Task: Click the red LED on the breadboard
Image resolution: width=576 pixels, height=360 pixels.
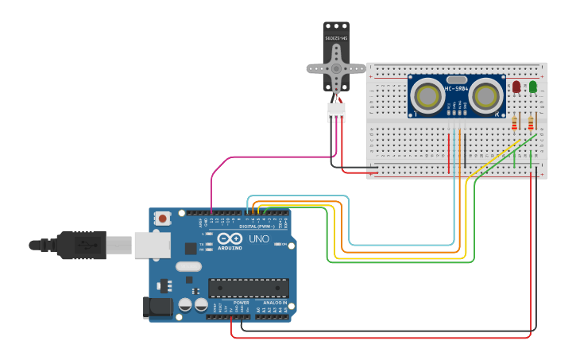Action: [516, 86]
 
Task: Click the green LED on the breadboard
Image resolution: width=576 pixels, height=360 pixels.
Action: [533, 86]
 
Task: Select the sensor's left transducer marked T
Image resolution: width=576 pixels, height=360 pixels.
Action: [427, 97]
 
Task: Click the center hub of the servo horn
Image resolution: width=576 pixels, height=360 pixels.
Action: [337, 68]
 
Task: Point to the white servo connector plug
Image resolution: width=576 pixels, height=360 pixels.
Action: [337, 113]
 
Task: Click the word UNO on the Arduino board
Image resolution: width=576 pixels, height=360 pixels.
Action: [259, 238]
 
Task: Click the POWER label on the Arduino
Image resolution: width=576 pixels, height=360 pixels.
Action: [242, 303]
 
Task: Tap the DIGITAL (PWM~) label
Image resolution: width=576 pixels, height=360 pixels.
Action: [258, 226]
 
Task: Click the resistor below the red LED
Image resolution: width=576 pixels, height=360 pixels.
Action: [515, 122]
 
